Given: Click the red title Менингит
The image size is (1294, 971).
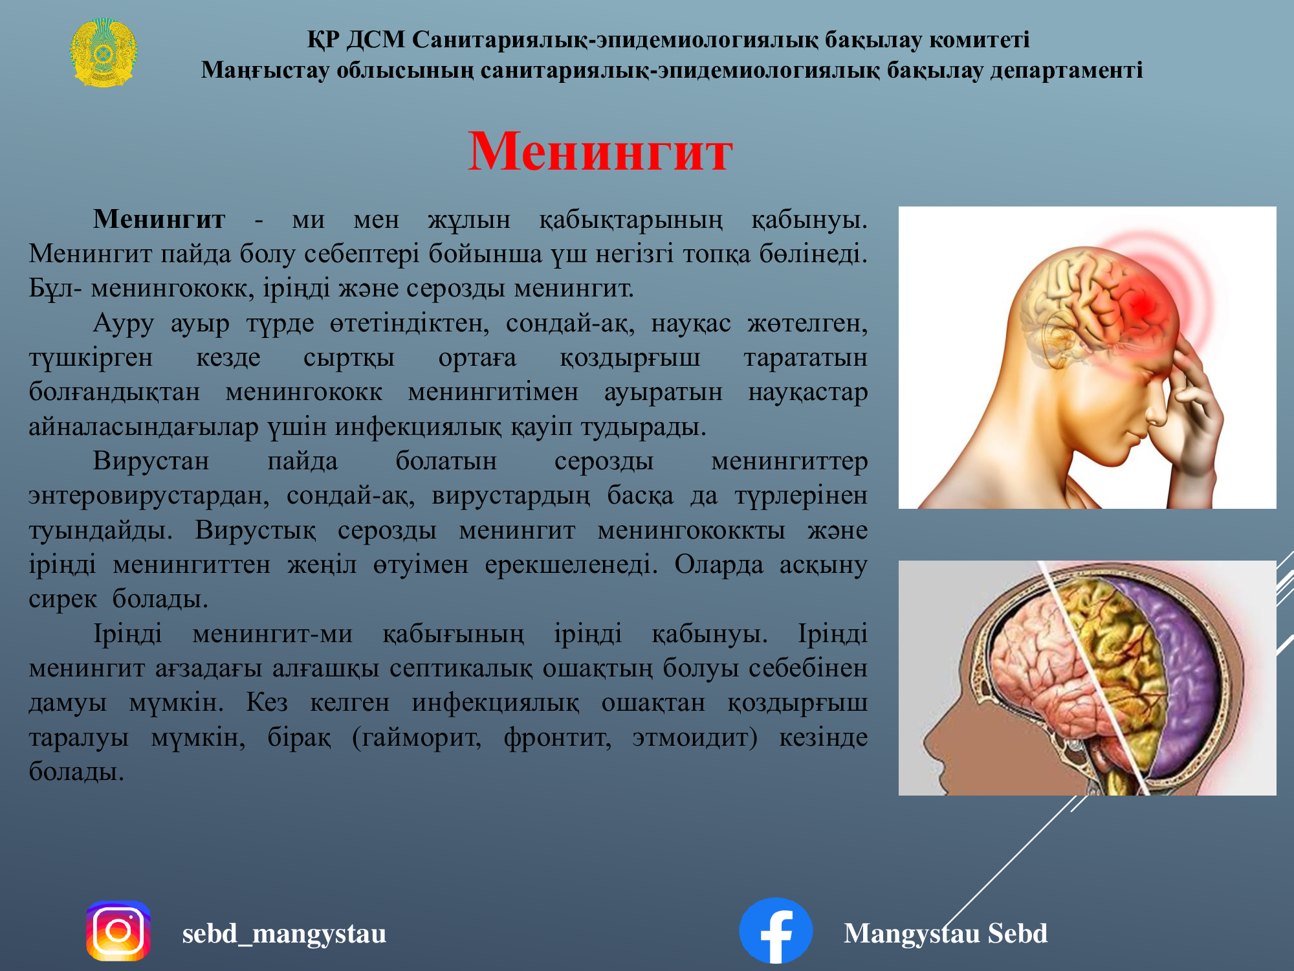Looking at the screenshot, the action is tap(600, 151).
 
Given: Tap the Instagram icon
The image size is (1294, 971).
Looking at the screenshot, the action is tap(118, 931).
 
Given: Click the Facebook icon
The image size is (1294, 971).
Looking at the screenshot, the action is tap(776, 931).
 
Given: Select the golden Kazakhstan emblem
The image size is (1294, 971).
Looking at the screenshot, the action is tap(103, 53).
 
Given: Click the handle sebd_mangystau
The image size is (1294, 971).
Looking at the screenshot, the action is tap(284, 933).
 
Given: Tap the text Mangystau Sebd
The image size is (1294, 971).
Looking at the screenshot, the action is tap(945, 933).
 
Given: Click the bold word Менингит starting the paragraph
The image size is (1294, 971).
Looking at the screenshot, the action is tap(159, 219).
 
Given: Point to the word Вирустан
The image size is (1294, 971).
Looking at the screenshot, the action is tap(151, 461).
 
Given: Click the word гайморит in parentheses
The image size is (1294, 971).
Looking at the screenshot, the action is tap(417, 738).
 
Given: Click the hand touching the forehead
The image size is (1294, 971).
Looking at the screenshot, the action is tap(1190, 414).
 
